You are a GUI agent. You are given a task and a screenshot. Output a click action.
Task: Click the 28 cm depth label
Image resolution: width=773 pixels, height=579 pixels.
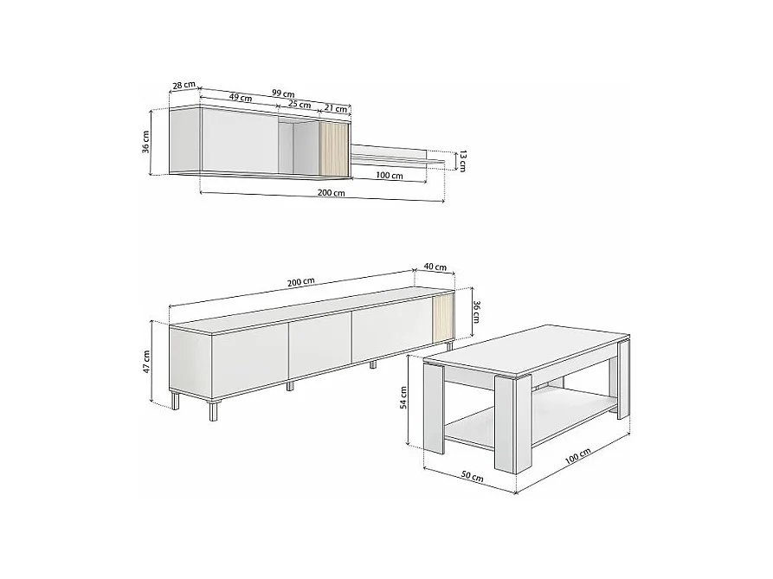tap(184, 85)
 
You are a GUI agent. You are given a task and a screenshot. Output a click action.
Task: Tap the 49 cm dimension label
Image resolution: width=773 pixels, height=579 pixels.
tap(241, 98)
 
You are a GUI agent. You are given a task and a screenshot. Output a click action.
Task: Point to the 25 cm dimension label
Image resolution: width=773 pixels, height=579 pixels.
tap(300, 104)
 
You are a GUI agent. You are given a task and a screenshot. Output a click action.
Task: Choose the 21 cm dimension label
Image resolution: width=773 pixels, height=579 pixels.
tap(336, 108)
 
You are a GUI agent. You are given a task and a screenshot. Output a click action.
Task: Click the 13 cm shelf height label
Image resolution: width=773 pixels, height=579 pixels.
tap(463, 160)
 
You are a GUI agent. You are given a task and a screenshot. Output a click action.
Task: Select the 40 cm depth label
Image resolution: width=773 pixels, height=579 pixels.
tap(435, 267)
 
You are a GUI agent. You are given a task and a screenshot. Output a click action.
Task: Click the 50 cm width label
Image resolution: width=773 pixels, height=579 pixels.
tap(472, 476)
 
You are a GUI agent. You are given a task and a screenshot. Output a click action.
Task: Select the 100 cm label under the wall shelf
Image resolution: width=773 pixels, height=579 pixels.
tap(390, 175)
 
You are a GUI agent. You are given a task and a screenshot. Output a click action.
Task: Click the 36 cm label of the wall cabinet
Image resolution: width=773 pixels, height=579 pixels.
tap(147, 141)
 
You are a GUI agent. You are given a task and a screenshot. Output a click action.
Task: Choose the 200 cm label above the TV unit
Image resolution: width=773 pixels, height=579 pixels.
tap(300, 281)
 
